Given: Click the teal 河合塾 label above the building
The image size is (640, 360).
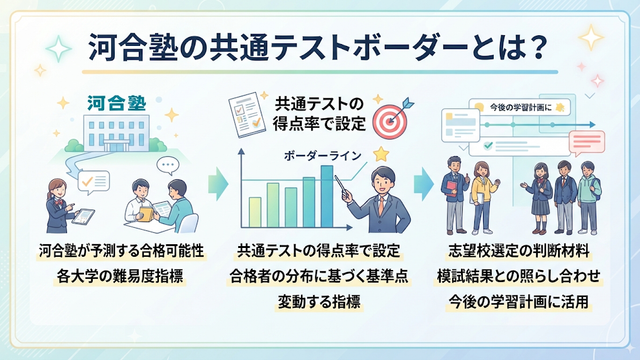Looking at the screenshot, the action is (x=117, y=103).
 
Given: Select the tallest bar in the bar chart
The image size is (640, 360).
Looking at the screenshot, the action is (x=327, y=196).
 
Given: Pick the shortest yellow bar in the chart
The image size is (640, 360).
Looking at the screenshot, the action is (x=255, y=212).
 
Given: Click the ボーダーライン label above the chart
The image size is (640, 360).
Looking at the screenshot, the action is (x=322, y=156).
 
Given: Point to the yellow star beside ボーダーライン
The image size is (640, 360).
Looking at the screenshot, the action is (x=380, y=154).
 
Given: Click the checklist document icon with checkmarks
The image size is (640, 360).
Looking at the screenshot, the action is (x=247, y=114).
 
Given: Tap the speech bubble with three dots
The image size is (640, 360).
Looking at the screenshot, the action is (x=168, y=165).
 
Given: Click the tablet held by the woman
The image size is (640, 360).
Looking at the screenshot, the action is (x=83, y=216).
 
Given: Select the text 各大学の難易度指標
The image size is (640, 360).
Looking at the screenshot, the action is (x=120, y=276).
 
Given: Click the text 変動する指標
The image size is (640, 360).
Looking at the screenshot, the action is (x=319, y=302).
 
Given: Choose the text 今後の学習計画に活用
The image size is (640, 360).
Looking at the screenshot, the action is (x=518, y=302).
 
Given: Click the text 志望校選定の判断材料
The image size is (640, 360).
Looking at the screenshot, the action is (x=519, y=251).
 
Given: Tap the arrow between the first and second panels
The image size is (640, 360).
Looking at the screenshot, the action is (x=218, y=183).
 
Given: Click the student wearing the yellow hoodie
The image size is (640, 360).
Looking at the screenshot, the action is (x=483, y=197).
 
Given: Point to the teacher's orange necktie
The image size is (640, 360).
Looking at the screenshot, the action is (x=380, y=205).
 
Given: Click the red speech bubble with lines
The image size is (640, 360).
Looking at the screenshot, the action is (x=587, y=143).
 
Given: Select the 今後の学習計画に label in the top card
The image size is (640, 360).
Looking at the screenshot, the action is (x=520, y=107).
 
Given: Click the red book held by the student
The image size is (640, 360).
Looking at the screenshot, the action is (x=452, y=189).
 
